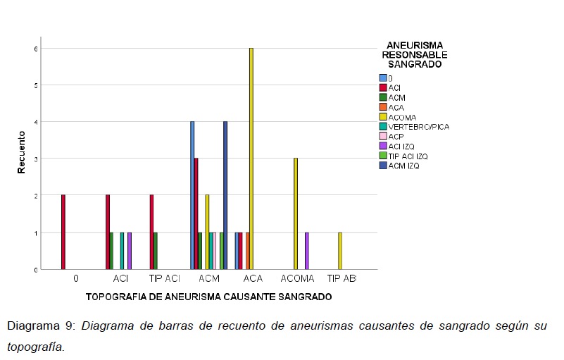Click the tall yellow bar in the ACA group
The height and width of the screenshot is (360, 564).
tap(251, 159)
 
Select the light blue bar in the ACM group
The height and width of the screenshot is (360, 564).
tap(192, 195)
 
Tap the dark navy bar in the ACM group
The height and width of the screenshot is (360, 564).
tap(225, 195)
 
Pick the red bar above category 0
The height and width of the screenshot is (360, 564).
tap(63, 232)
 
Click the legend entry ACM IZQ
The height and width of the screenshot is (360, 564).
tap(406, 166)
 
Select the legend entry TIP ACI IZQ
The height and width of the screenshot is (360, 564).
tap(408, 156)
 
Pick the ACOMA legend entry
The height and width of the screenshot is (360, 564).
tap(402, 117)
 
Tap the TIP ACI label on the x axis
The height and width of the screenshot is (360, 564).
tap(165, 279)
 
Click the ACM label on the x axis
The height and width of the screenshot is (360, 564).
tap(209, 279)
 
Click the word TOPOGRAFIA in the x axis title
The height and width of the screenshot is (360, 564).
tap(115, 297)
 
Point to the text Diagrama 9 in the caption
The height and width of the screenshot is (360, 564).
tap(40, 326)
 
